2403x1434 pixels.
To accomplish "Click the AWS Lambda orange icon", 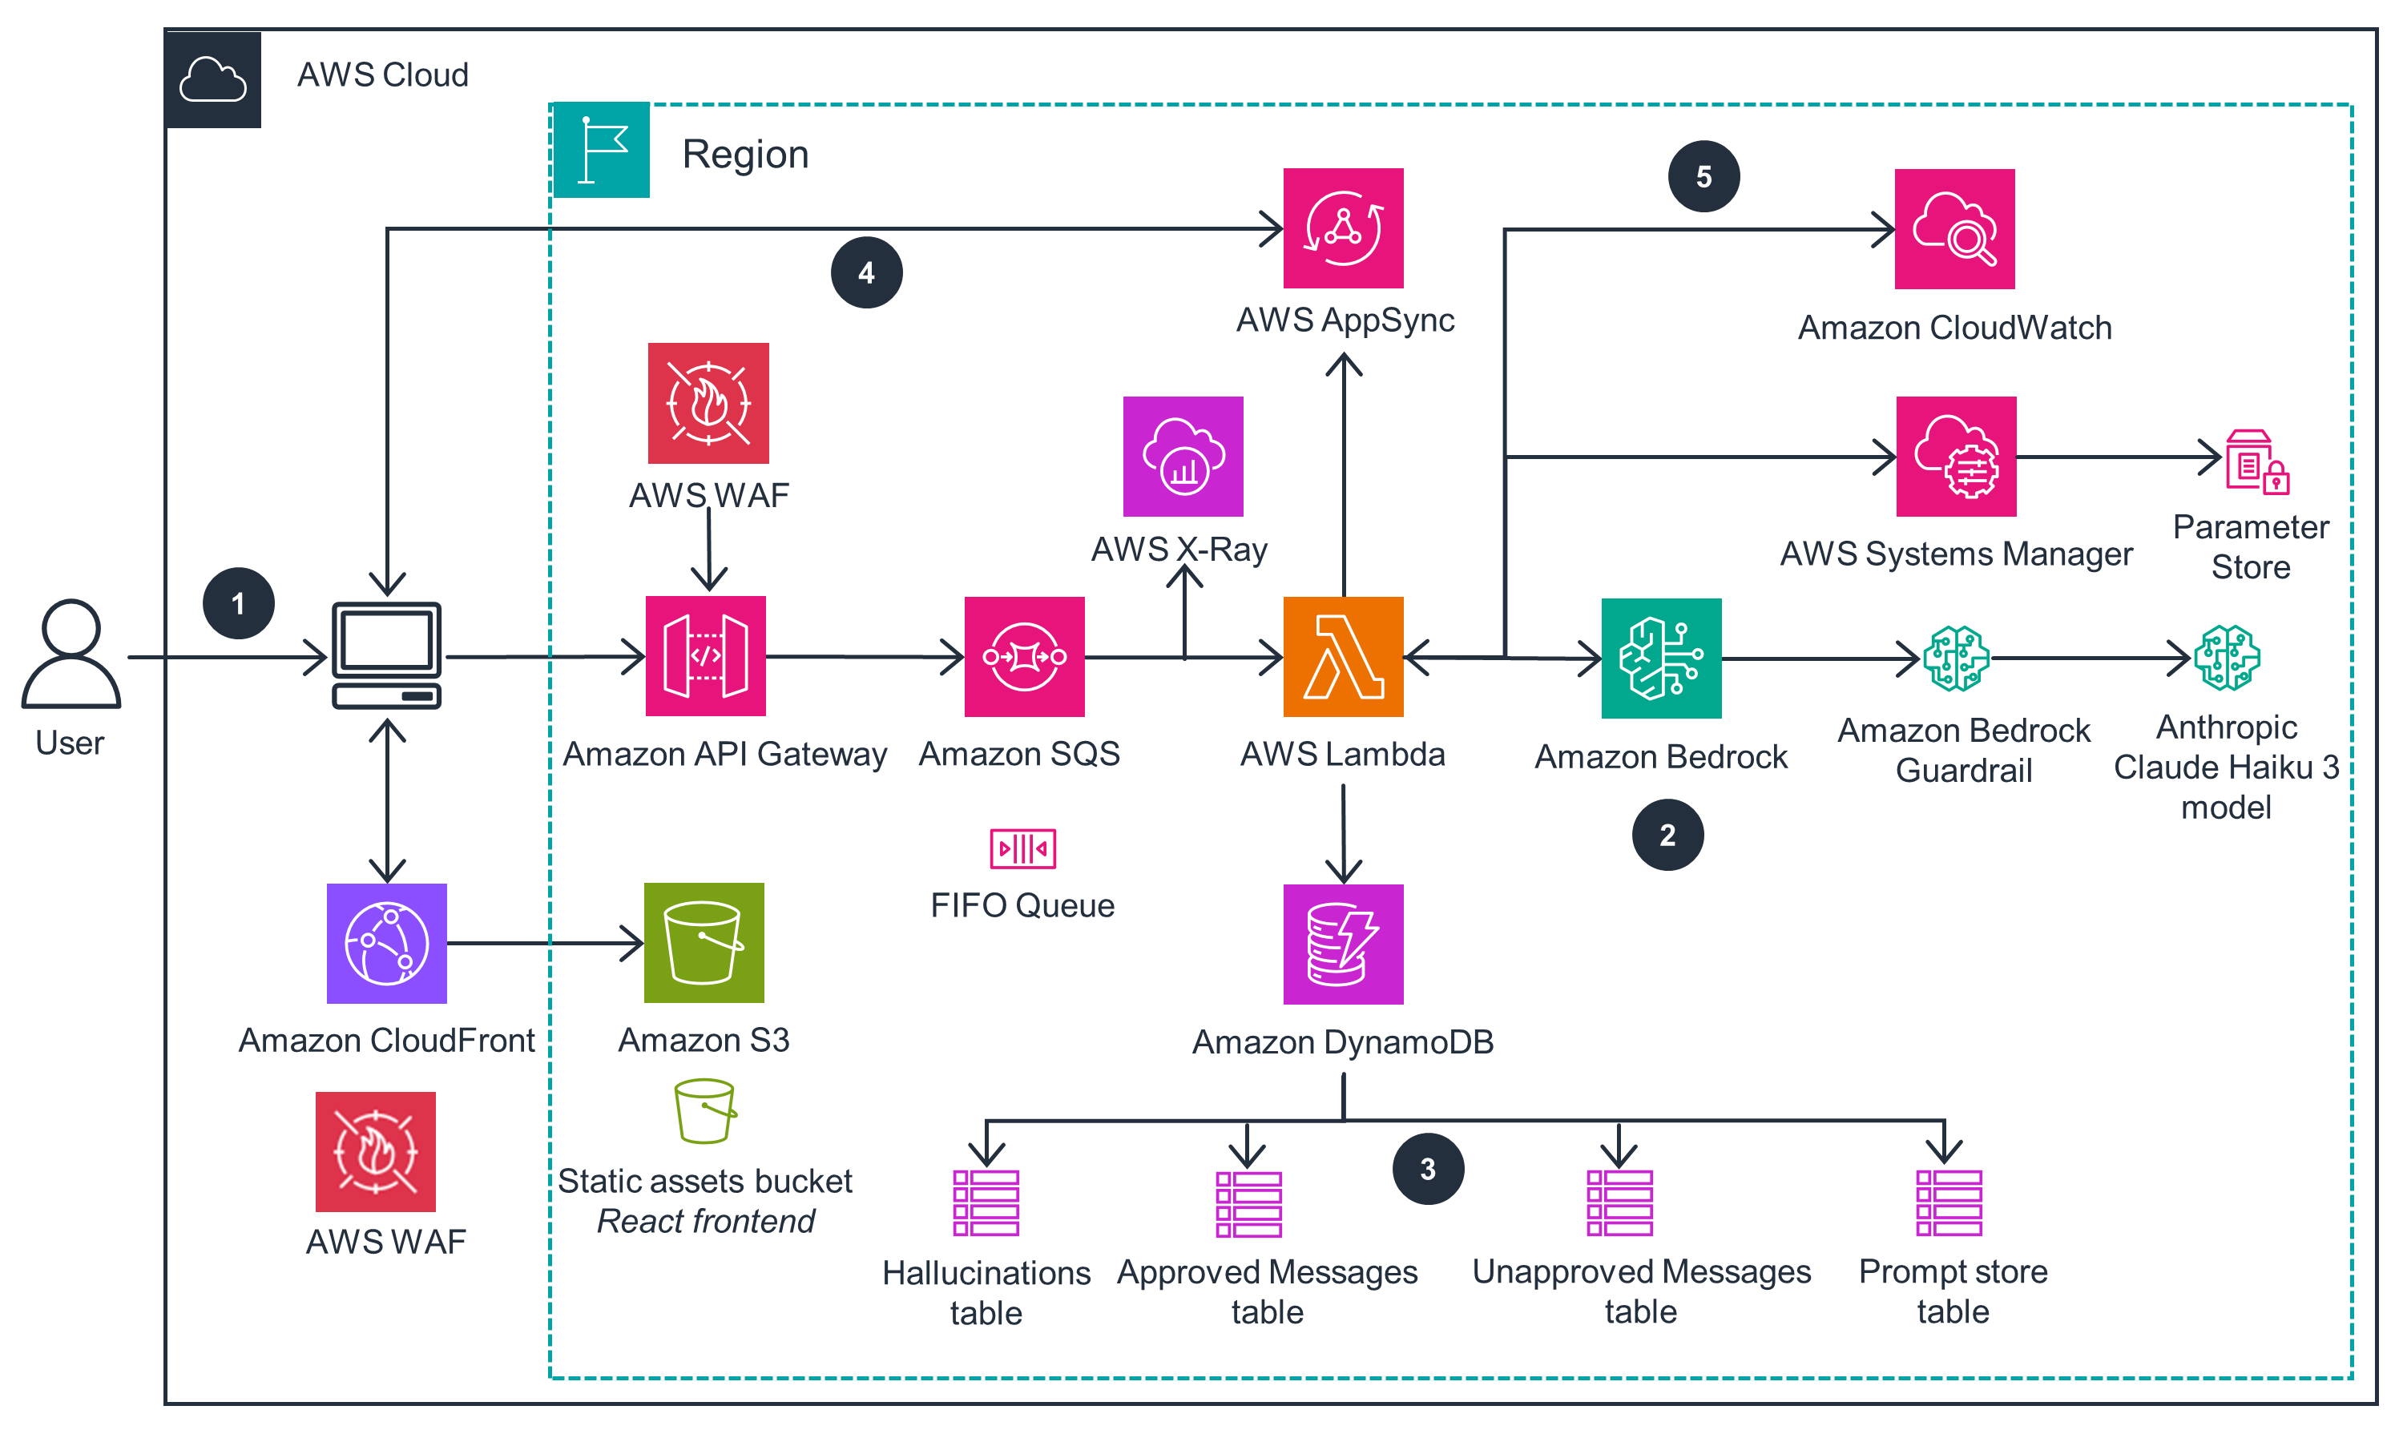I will (x=1342, y=656).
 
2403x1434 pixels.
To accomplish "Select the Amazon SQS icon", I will (x=1023, y=656).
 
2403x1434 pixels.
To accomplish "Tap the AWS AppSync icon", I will (x=1342, y=228).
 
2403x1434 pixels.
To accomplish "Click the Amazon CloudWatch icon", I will (x=1953, y=229).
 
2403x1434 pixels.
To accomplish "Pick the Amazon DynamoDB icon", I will (x=1342, y=943).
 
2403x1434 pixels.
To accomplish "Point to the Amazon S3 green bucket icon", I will (x=704, y=942).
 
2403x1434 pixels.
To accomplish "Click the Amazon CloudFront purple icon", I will (x=386, y=942).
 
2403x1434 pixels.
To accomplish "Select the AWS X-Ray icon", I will (x=1183, y=456).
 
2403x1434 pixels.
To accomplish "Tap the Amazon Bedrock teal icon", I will (x=1660, y=658).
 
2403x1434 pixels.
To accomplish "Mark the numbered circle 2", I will (x=1667, y=835).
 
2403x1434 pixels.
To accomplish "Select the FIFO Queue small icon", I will (x=1022, y=848).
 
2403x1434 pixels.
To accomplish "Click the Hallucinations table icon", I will (x=986, y=1203).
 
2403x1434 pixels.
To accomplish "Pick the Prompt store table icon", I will (x=1948, y=1203).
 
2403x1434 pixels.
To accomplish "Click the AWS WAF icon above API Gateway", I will (x=708, y=403).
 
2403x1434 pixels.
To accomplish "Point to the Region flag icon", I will (x=601, y=150).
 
